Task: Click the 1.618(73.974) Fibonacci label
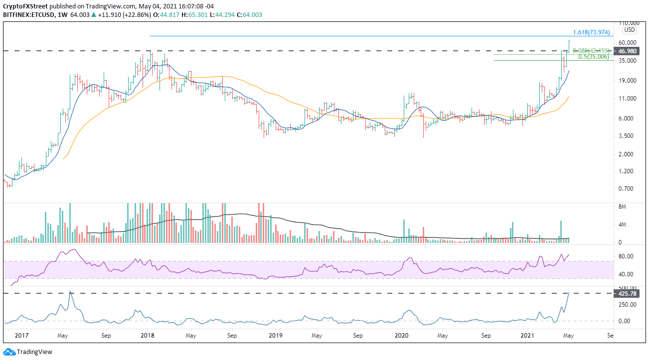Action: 591,32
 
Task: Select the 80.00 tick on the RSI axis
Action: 626,256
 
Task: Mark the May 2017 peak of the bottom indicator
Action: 71,292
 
